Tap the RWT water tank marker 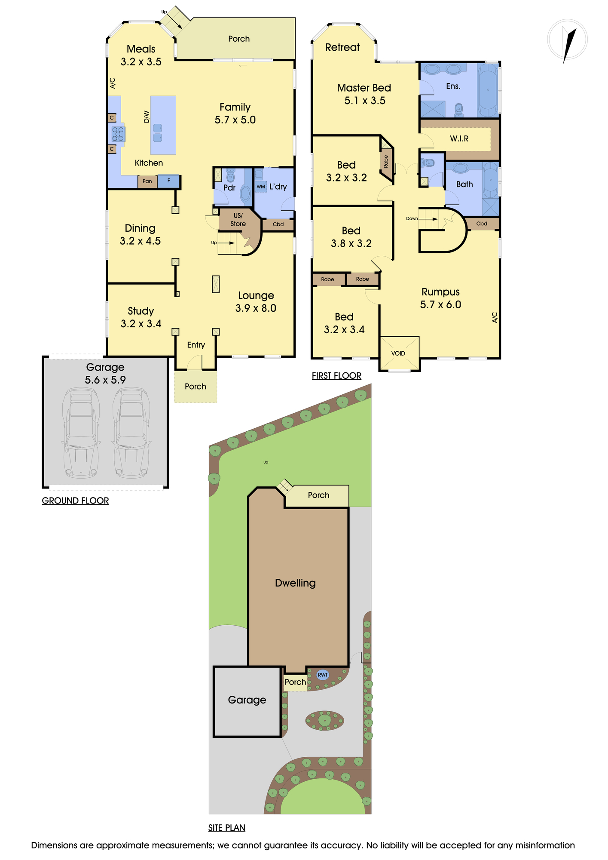point(323,675)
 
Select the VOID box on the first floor point(399,353)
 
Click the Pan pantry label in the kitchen point(147,181)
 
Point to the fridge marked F point(168,181)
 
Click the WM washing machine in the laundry point(261,187)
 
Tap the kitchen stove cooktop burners point(118,134)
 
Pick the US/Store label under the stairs point(238,220)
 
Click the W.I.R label point(459,138)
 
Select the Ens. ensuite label point(453,86)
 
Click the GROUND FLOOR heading point(75,501)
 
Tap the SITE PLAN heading point(227,828)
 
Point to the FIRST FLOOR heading point(336,376)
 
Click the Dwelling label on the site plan point(295,583)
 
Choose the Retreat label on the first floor point(342,47)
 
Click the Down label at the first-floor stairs point(412,218)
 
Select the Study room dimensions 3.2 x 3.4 point(141,324)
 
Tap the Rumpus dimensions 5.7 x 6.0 point(440,304)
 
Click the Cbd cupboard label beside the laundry point(278,224)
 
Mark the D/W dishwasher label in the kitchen point(147,117)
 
